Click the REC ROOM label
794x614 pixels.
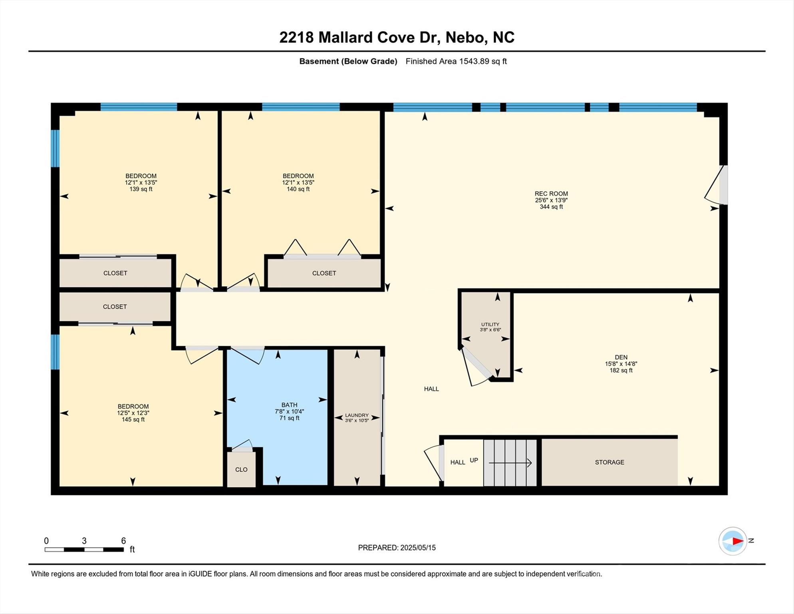551,193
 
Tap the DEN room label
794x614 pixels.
621,357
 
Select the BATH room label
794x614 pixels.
289,405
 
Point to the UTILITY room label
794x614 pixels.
490,324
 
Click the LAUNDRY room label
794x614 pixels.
357,415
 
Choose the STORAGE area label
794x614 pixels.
609,462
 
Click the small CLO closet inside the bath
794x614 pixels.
241,469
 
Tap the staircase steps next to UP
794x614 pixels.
510,462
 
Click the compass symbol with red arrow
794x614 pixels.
732,541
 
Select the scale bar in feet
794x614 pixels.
84,549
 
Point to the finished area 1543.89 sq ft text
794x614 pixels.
456,61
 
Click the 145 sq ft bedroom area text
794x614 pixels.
133,419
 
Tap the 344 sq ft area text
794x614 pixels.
551,207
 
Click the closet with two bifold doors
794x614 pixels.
324,273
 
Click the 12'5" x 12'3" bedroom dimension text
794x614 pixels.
133,413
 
